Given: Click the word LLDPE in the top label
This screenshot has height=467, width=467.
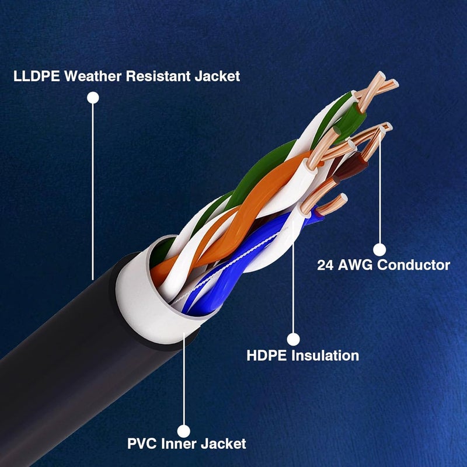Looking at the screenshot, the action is (x=36, y=76).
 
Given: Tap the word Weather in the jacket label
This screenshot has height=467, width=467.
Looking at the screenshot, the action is (x=93, y=76).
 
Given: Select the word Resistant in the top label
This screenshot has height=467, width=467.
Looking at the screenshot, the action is (x=158, y=76).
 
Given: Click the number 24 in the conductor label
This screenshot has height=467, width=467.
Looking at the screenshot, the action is (x=325, y=265).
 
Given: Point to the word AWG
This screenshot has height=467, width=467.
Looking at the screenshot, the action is (x=355, y=265).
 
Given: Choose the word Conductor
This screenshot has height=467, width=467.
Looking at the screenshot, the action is (x=414, y=265).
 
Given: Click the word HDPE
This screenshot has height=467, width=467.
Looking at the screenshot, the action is (x=267, y=356).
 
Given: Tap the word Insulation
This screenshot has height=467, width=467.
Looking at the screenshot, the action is (x=325, y=356).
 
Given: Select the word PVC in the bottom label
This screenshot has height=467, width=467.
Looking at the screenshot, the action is (x=142, y=444).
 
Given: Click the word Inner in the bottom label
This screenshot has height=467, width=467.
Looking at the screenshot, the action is (x=179, y=444).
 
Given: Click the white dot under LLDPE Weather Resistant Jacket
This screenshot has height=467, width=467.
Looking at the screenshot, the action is (x=93, y=97).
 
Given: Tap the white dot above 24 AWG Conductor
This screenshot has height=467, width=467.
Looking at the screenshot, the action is (x=379, y=250).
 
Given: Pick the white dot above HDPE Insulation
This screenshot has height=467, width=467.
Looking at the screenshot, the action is (x=294, y=339).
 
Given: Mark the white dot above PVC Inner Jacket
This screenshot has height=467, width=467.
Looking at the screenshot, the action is (x=184, y=431).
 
